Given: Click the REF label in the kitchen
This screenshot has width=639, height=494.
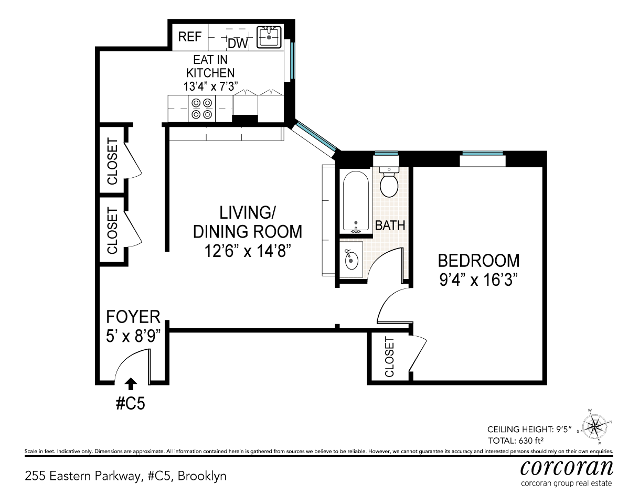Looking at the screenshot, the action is click(x=190, y=37).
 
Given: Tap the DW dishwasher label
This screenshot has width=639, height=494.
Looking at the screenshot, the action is click(x=238, y=44).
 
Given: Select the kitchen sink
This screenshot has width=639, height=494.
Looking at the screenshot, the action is click(x=269, y=37).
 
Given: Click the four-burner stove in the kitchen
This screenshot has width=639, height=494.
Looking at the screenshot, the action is click(x=202, y=109).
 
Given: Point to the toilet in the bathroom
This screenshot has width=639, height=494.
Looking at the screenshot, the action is click(x=389, y=182).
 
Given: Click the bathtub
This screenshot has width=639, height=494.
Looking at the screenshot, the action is click(x=356, y=202).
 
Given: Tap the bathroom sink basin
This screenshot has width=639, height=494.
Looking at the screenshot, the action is click(x=352, y=259).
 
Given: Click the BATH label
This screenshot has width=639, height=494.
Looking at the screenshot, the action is click(x=390, y=225).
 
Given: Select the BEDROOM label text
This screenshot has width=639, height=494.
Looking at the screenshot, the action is click(x=479, y=260).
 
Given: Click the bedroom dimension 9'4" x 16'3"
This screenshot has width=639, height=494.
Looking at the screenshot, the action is click(x=478, y=280).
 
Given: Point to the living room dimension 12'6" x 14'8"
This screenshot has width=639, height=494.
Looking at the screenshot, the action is click(x=248, y=251).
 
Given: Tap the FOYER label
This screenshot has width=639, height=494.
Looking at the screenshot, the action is click(x=133, y=317).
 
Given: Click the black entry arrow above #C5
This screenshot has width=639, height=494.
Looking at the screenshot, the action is click(x=131, y=383).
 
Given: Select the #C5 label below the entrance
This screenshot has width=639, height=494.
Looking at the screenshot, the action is click(x=131, y=403).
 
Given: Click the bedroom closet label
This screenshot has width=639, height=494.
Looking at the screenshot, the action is click(x=389, y=357).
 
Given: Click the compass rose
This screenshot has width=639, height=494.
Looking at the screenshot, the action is click(x=594, y=426).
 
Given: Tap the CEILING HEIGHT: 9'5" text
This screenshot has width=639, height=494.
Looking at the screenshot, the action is click(x=529, y=429).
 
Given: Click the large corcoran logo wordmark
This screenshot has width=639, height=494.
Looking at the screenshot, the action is click(x=567, y=468).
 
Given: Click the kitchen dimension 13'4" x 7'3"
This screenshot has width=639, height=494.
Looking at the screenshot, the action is click(x=210, y=87).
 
